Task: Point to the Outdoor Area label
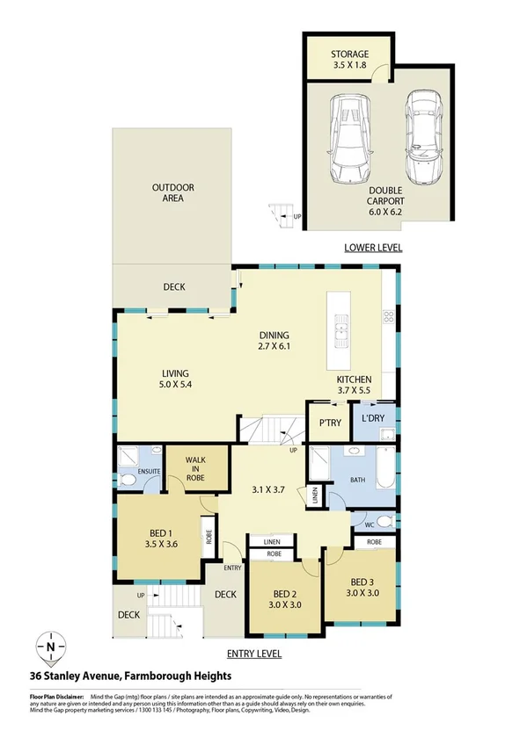pyautogui.click(x=172, y=193)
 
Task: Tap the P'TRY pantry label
pyautogui.click(x=330, y=423)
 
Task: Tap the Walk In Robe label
pyautogui.click(x=194, y=470)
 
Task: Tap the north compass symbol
pyautogui.click(x=51, y=648)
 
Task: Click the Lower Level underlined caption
pyautogui.click(x=373, y=248)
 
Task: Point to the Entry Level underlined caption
pyautogui.click(x=253, y=654)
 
